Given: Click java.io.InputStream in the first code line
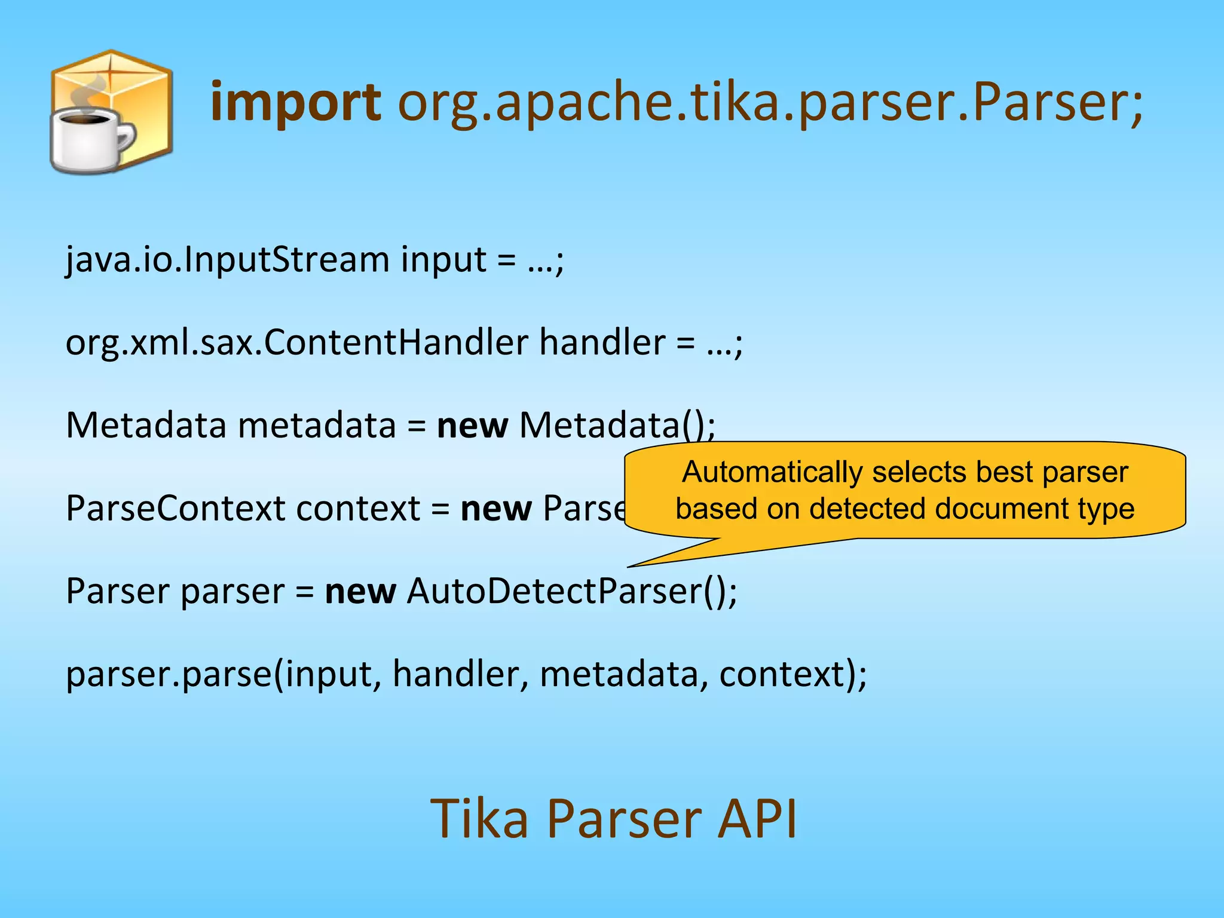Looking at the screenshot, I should click(227, 260).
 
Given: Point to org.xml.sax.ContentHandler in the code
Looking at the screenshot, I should click(296, 343).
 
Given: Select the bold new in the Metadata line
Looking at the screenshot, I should click(472, 426).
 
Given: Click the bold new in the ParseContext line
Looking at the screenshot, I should click(495, 509).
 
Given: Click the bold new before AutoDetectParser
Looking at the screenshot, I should click(360, 592).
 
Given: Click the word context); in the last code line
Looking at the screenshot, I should click(792, 675).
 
